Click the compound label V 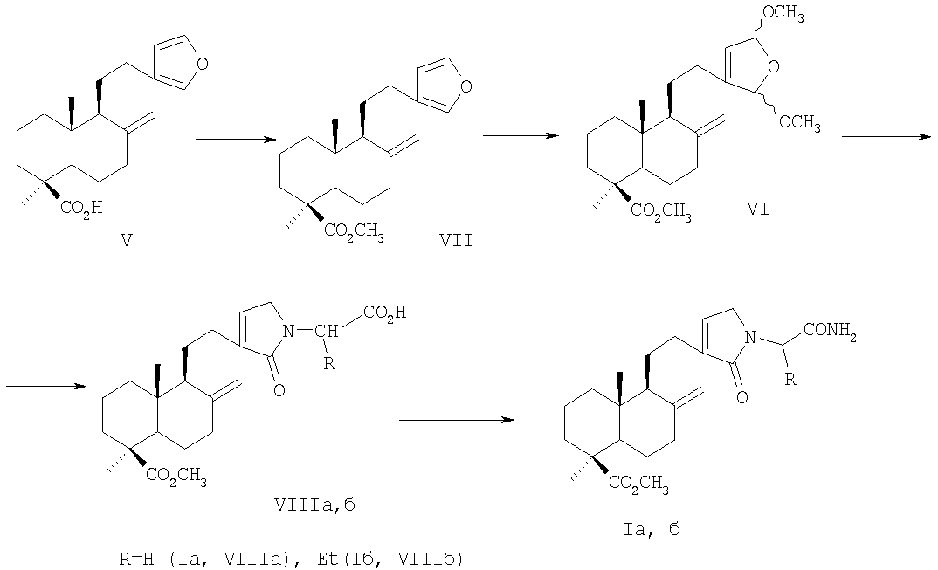(x=127, y=240)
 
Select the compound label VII (x=456, y=240)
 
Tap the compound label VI (x=757, y=209)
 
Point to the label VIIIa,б (x=314, y=505)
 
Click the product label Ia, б (x=652, y=529)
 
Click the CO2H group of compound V (x=82, y=208)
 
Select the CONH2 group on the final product (x=831, y=330)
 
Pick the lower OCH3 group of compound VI (x=800, y=122)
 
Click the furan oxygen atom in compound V (x=202, y=64)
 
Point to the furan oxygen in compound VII (x=466, y=86)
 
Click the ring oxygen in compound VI (x=775, y=65)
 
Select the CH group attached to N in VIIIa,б (x=329, y=330)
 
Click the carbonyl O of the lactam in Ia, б (x=741, y=396)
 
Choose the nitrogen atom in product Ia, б (x=750, y=339)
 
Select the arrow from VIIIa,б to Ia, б (x=457, y=420)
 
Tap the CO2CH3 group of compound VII (x=354, y=230)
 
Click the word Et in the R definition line (x=326, y=560)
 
